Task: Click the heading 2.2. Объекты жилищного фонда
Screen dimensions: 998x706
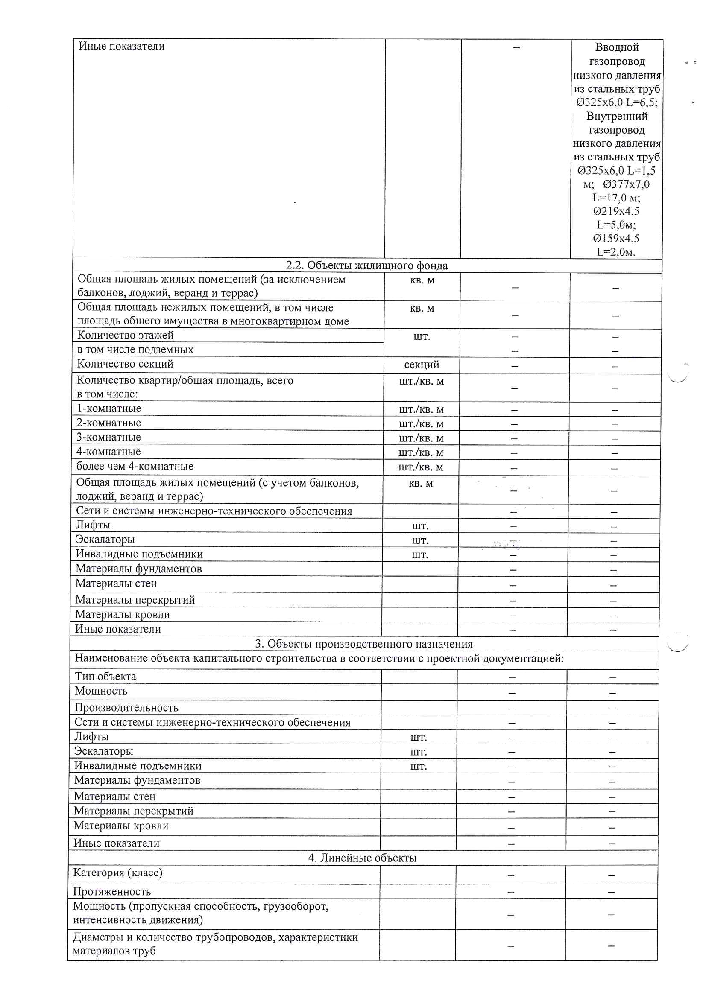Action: (x=366, y=265)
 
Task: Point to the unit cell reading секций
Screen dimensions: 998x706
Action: (x=422, y=365)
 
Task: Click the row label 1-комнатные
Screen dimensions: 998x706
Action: (x=109, y=409)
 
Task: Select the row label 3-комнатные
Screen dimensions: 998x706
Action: (x=109, y=437)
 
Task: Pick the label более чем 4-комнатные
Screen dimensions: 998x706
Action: (x=135, y=467)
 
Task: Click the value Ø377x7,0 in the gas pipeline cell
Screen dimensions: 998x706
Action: (x=626, y=184)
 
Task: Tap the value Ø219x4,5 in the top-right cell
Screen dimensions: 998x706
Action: (x=616, y=211)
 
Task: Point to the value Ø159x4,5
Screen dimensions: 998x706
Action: (x=616, y=238)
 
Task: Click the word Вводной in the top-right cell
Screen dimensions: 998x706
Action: (x=617, y=47)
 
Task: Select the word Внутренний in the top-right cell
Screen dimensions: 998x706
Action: (x=617, y=116)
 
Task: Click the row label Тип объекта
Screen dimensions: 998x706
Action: (x=105, y=676)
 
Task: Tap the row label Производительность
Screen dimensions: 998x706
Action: (x=126, y=708)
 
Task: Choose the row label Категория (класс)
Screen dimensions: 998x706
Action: (x=117, y=873)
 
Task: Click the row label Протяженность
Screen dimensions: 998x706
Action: (x=112, y=892)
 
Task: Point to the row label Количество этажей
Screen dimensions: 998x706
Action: (x=125, y=335)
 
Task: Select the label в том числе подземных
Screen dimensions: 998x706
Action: (x=135, y=350)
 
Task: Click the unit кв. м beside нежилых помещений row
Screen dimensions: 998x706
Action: (x=422, y=308)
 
